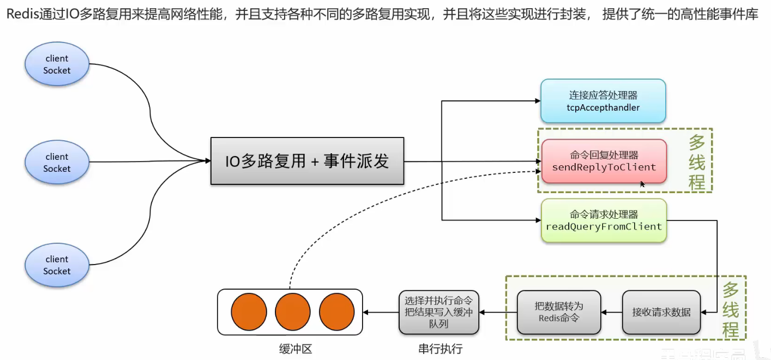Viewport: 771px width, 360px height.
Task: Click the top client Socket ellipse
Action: coord(57,64)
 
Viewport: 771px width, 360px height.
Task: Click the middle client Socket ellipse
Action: coord(57,163)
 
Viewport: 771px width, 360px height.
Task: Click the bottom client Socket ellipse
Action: coord(57,265)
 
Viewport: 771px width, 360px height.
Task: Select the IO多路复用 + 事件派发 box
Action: coord(307,161)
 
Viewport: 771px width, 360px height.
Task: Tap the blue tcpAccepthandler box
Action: coord(603,101)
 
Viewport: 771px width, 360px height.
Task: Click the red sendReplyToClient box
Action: coord(604,161)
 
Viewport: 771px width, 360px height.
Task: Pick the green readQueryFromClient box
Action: coord(604,220)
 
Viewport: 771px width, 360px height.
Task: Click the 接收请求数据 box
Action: coord(661,312)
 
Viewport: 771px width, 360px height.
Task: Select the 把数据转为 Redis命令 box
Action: coord(558,312)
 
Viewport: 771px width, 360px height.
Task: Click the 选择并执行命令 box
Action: coord(438,312)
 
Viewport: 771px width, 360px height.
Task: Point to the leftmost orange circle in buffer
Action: coord(249,312)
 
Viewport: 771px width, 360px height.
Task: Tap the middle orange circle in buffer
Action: coord(293,312)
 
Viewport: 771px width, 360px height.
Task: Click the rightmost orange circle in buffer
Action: coord(337,312)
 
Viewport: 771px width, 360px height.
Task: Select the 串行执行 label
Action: coord(440,349)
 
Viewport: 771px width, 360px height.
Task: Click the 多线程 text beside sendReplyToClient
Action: coord(696,162)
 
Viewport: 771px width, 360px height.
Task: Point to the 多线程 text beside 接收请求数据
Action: coord(731,309)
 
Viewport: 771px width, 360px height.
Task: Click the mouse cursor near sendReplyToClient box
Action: coord(643,184)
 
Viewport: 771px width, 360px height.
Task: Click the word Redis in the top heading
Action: coord(21,14)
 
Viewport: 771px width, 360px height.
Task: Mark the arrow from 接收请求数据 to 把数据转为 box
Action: coord(611,313)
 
